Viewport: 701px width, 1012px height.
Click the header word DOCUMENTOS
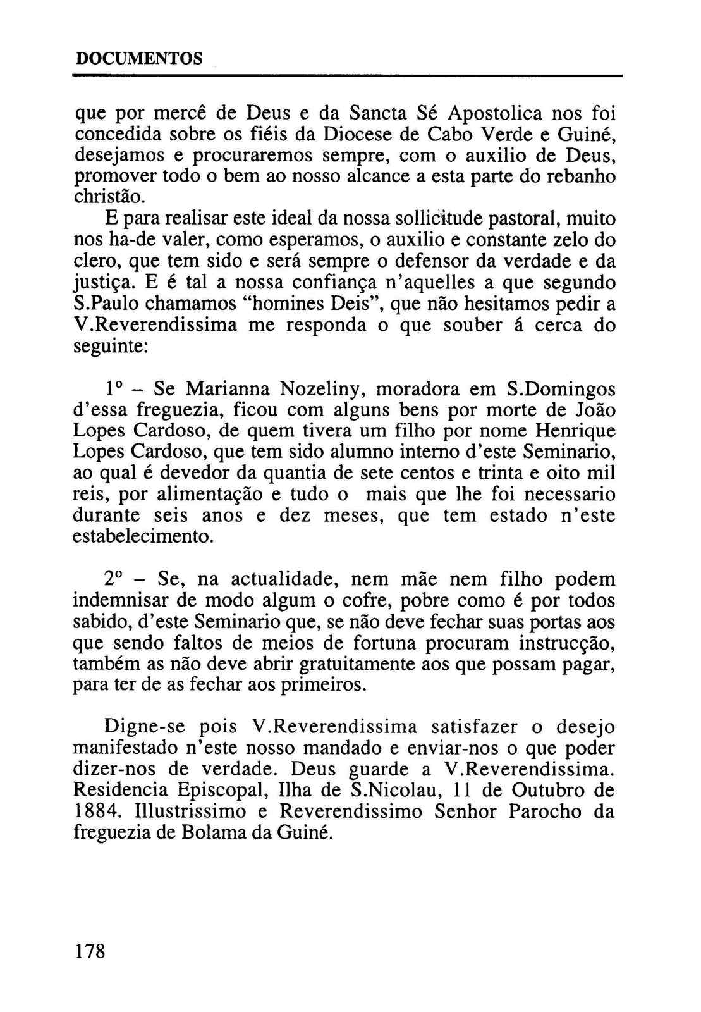pyautogui.click(x=138, y=59)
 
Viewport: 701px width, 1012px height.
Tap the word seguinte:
pyautogui.click(x=111, y=347)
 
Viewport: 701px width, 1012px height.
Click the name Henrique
pyautogui.click(x=575, y=431)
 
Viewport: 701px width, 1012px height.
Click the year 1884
pyautogui.click(x=93, y=811)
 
